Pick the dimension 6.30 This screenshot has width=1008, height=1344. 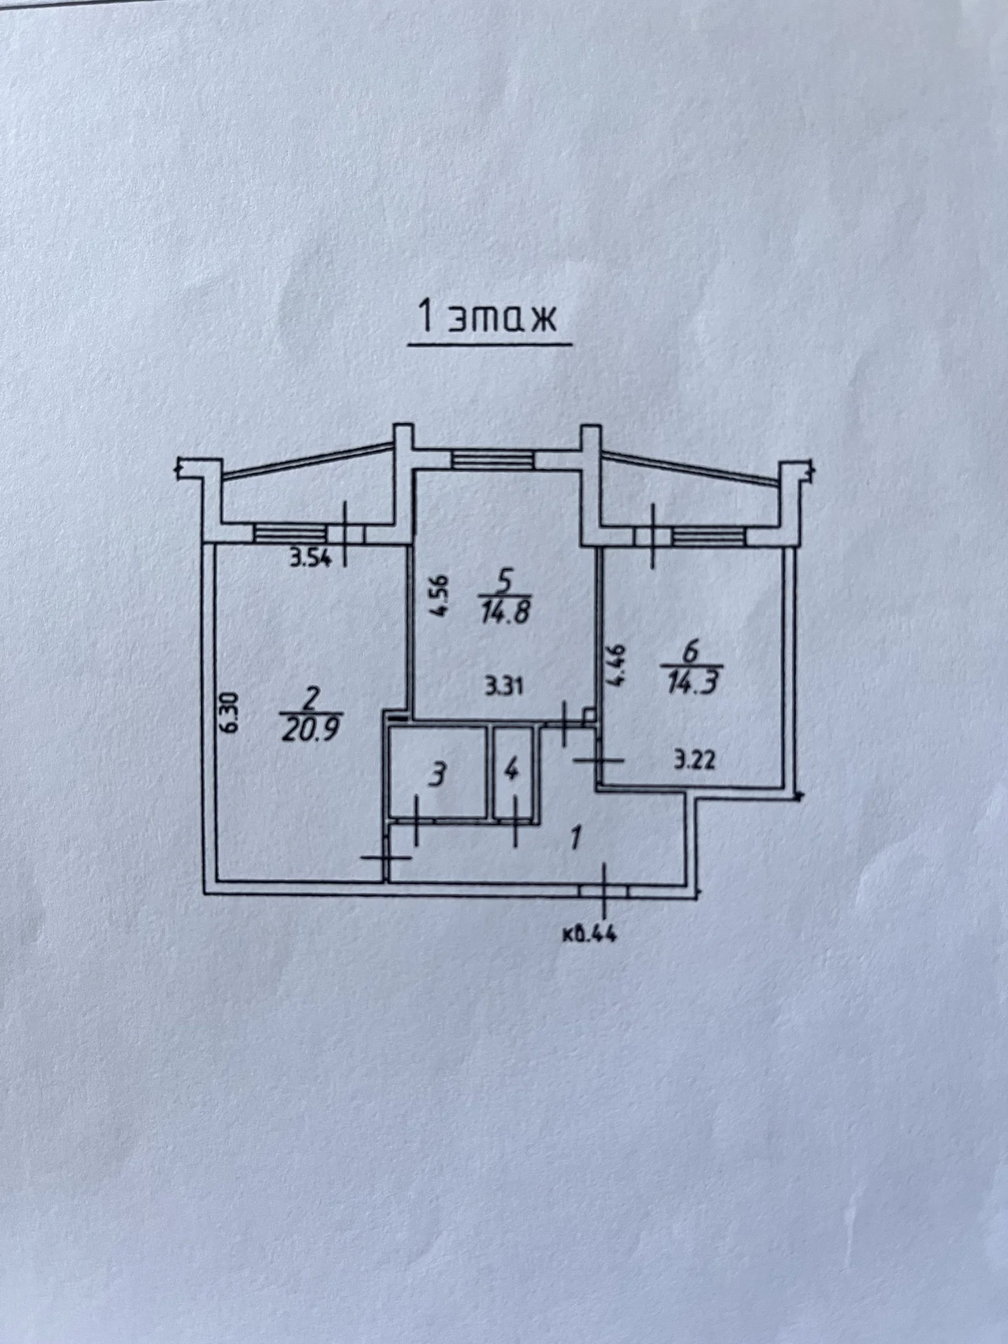point(232,713)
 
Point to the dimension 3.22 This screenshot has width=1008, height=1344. point(696,761)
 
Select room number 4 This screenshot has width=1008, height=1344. point(512,772)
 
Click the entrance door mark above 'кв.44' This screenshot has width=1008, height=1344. point(604,890)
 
